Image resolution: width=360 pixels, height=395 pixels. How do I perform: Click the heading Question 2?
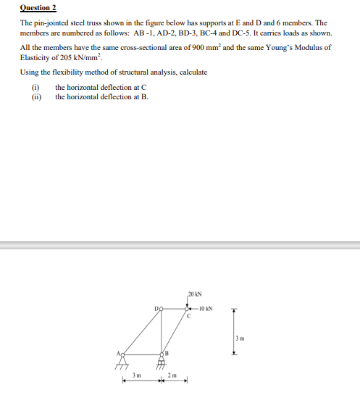tap(38, 7)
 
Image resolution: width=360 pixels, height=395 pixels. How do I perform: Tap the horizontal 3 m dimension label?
tap(135, 375)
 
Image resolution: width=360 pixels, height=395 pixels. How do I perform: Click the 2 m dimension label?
tap(172, 375)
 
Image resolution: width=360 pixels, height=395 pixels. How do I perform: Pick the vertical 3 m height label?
tap(240, 339)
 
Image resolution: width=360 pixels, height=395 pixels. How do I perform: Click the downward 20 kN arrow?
tap(187, 302)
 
